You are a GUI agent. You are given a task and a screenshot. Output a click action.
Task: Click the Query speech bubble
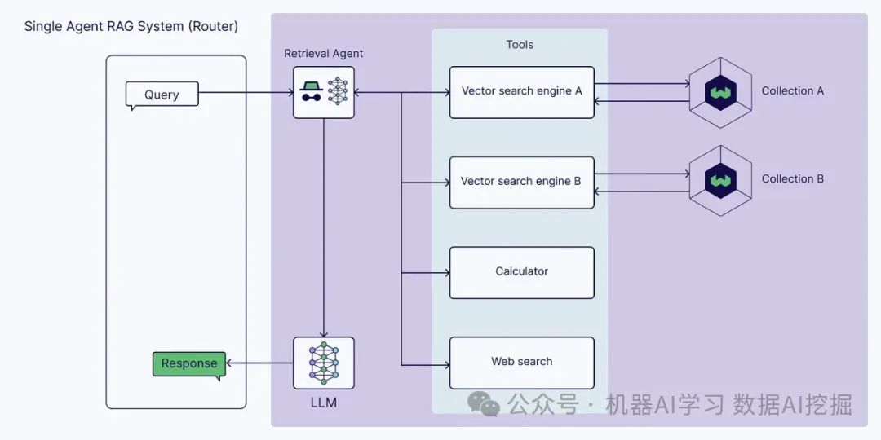tap(162, 95)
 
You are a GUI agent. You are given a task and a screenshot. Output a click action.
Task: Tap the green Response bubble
tap(189, 363)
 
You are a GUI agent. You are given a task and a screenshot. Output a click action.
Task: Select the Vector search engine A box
tap(522, 91)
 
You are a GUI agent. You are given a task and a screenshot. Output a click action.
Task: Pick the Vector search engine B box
tap(522, 182)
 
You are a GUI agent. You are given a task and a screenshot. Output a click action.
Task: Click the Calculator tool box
tap(522, 272)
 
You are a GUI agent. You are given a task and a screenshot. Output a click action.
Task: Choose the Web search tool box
tap(522, 362)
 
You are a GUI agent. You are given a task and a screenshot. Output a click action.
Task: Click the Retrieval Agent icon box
tap(324, 92)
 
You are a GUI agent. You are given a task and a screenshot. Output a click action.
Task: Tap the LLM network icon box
tap(324, 363)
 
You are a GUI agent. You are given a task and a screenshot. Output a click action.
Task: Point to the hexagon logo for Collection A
tap(719, 92)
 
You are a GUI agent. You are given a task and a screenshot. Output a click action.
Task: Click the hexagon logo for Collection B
tap(719, 180)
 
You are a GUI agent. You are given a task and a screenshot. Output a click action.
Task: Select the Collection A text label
tap(792, 91)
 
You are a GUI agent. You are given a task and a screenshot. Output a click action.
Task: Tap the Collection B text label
tap(792, 179)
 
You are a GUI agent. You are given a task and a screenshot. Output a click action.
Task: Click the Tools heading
tap(520, 45)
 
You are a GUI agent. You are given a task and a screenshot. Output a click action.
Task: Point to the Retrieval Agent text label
tap(324, 54)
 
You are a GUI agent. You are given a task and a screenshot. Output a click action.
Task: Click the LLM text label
tap(324, 403)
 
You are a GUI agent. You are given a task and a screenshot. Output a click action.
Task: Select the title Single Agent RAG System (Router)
tap(131, 26)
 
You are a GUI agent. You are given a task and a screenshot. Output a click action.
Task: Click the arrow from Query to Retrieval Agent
tap(245, 92)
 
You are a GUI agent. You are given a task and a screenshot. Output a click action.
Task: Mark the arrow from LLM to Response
tap(259, 363)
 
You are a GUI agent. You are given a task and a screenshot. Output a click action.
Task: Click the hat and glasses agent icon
tap(310, 92)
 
